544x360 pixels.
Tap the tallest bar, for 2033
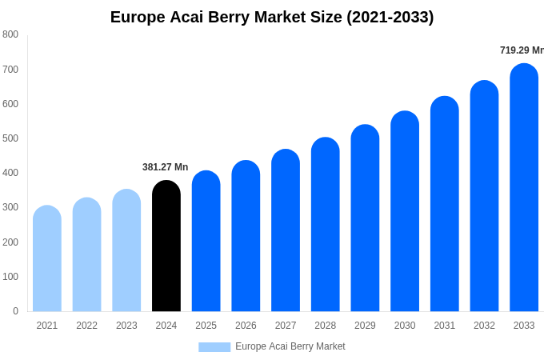click(x=524, y=188)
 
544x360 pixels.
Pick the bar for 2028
click(x=326, y=225)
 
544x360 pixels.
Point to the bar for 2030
click(x=405, y=211)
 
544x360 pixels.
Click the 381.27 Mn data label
click(x=165, y=167)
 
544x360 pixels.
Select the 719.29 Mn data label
click(x=522, y=50)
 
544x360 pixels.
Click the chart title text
click(x=272, y=17)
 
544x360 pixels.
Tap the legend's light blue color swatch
click(x=214, y=347)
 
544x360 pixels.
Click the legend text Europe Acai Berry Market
click(x=290, y=346)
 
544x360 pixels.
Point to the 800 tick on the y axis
click(x=10, y=34)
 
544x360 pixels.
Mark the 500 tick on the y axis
click(x=10, y=138)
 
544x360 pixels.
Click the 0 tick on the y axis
click(x=15, y=311)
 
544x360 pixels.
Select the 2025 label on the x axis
click(x=206, y=326)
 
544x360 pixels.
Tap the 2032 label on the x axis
click(x=484, y=326)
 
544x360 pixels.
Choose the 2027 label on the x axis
click(x=286, y=326)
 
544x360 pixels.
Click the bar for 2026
click(x=246, y=236)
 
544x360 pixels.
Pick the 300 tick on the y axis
click(x=10, y=207)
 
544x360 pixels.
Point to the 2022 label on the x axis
click(x=86, y=326)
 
